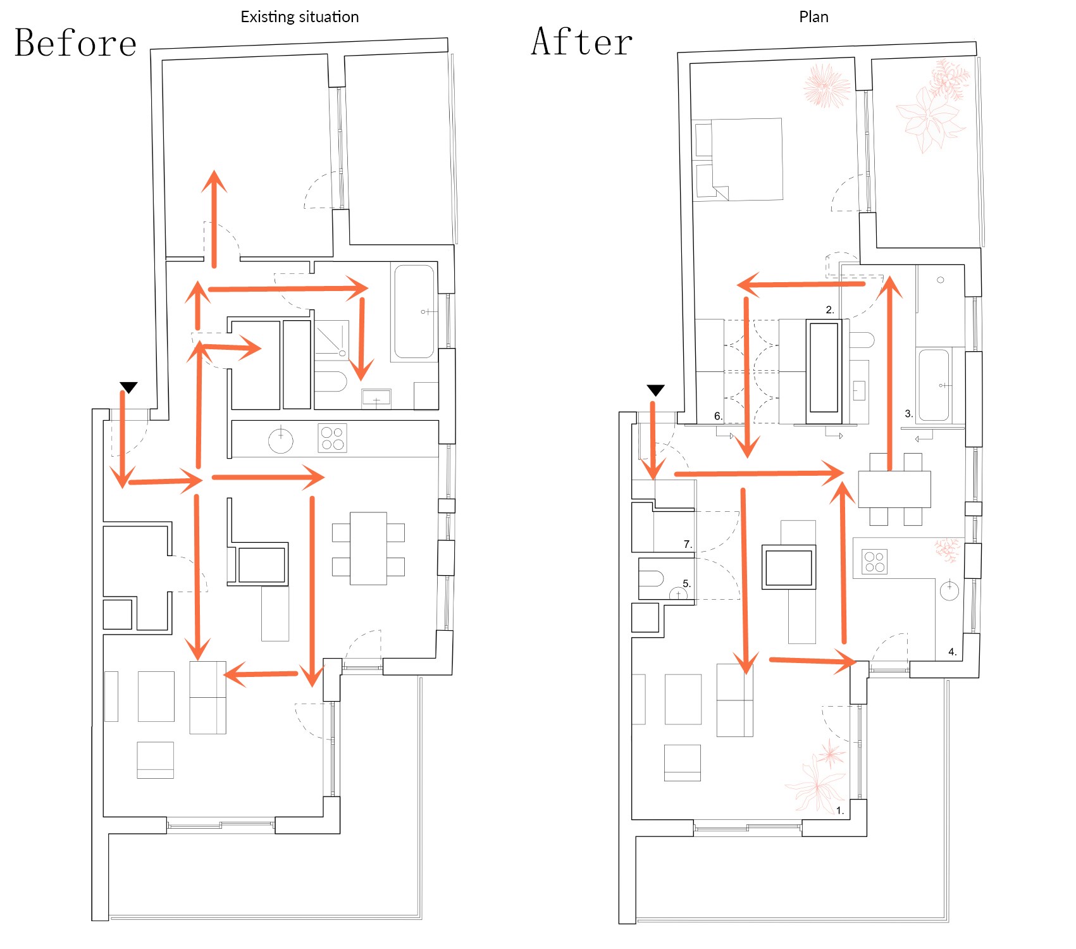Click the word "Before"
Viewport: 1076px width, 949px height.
(75, 43)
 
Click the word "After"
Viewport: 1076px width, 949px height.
(582, 42)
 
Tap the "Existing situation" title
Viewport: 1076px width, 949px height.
(300, 17)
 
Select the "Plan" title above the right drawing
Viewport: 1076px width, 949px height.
(813, 17)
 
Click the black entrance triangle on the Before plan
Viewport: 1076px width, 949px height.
(129, 387)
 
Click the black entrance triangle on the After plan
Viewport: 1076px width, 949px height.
(655, 390)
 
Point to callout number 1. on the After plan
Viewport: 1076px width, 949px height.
(840, 810)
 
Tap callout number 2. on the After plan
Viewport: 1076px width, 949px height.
(830, 309)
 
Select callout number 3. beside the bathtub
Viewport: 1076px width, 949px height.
(908, 414)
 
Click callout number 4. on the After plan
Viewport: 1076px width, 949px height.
(952, 652)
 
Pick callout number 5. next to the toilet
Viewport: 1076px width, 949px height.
(686, 584)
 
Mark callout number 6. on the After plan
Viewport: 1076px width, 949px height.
(718, 416)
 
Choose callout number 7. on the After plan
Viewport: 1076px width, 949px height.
(688, 544)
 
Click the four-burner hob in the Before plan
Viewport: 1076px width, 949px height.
(332, 438)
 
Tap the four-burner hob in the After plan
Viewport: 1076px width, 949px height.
(874, 562)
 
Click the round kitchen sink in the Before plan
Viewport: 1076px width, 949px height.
(281, 440)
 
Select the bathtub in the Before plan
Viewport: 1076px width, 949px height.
(414, 313)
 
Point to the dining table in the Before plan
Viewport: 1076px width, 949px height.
(369, 549)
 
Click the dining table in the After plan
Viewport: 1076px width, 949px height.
(894, 489)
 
